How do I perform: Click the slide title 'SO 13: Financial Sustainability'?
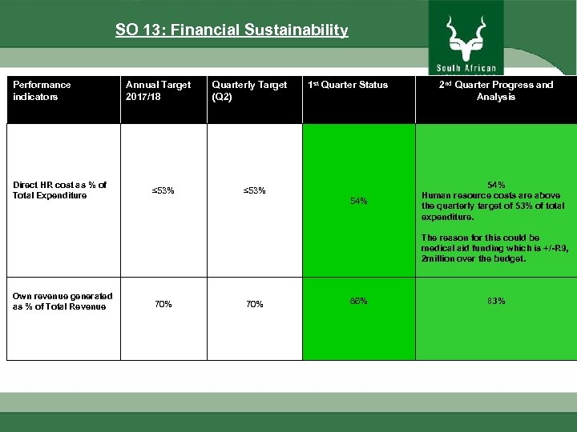coord(232,30)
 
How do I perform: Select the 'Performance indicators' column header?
coord(42,90)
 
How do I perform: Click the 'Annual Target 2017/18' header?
coord(159,90)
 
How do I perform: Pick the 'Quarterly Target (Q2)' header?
coord(248,90)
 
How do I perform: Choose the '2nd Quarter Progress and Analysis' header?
coord(495,90)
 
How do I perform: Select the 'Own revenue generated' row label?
coord(62,301)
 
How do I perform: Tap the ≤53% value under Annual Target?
coord(163,190)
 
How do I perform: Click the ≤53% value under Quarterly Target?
coord(255,190)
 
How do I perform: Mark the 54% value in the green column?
coord(358,201)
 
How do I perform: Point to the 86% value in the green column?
coord(358,301)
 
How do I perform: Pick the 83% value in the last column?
coord(496,301)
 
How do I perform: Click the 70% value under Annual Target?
coord(163,304)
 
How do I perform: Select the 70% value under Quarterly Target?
coord(255,304)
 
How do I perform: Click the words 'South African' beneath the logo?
coord(466,68)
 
